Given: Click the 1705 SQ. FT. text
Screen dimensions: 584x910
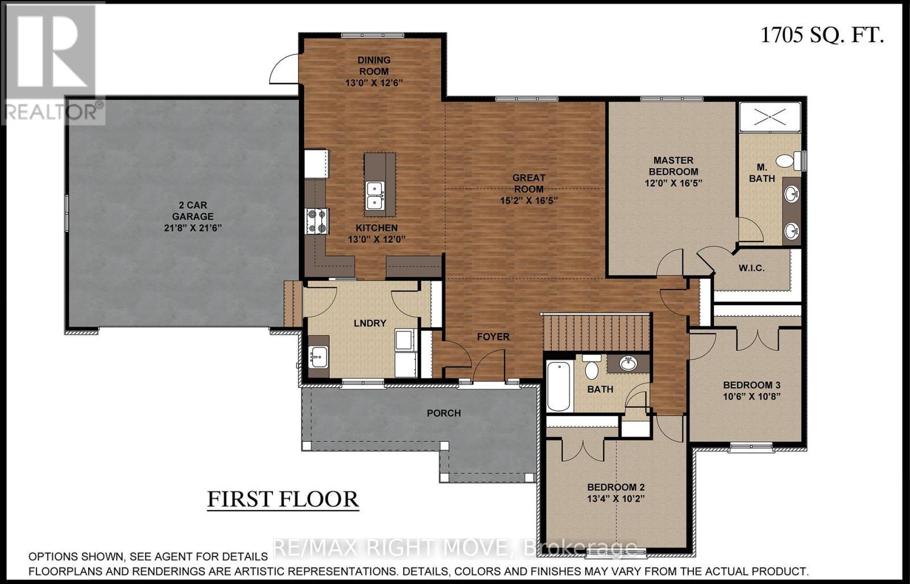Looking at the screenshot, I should (x=822, y=35).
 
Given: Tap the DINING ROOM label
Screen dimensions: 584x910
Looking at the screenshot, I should (x=374, y=65).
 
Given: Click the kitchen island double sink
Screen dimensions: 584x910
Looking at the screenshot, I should (x=375, y=196).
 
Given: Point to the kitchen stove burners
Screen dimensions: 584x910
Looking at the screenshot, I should (x=317, y=221).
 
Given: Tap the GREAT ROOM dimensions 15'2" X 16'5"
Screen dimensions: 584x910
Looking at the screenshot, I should (x=528, y=200).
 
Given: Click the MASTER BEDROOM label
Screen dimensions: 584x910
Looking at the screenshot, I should (x=673, y=166).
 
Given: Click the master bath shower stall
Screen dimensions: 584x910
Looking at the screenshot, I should (x=770, y=117).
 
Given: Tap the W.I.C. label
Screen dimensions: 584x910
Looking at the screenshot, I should (x=751, y=268).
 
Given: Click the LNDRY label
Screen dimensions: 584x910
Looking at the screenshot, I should (x=370, y=323).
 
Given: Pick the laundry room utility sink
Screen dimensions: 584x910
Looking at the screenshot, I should (x=318, y=357).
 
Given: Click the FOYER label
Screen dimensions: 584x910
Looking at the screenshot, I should (x=493, y=337).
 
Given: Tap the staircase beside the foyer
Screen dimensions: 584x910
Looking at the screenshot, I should (x=596, y=333).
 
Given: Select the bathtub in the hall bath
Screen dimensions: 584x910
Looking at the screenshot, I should (x=559, y=386).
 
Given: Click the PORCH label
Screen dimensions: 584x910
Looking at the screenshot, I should (x=444, y=413).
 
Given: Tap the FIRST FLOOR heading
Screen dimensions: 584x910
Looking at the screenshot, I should (x=283, y=499).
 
